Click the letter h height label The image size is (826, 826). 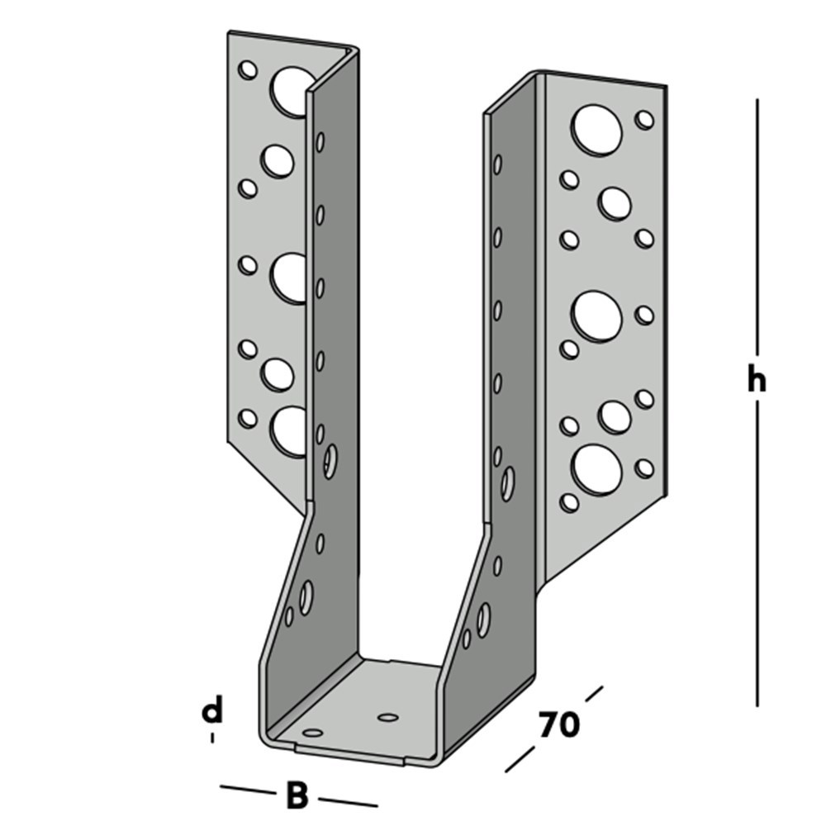point(756,381)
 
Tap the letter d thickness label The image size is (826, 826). point(213,710)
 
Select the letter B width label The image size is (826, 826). point(297,796)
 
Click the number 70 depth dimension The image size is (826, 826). point(558,725)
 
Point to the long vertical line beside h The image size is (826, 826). point(757,248)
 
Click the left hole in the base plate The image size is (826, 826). point(312,732)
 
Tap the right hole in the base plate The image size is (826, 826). point(387,717)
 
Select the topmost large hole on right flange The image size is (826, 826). point(596,129)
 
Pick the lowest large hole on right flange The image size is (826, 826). point(596,470)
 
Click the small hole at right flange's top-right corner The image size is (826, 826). point(644,120)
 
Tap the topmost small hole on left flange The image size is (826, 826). point(247,69)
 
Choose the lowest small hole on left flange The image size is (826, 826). point(247,419)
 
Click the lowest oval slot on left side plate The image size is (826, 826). point(306,596)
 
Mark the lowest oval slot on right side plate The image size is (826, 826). point(483,619)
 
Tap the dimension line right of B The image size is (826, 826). point(348,801)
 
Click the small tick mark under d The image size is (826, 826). point(212,737)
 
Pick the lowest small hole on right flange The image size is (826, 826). point(569,501)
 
